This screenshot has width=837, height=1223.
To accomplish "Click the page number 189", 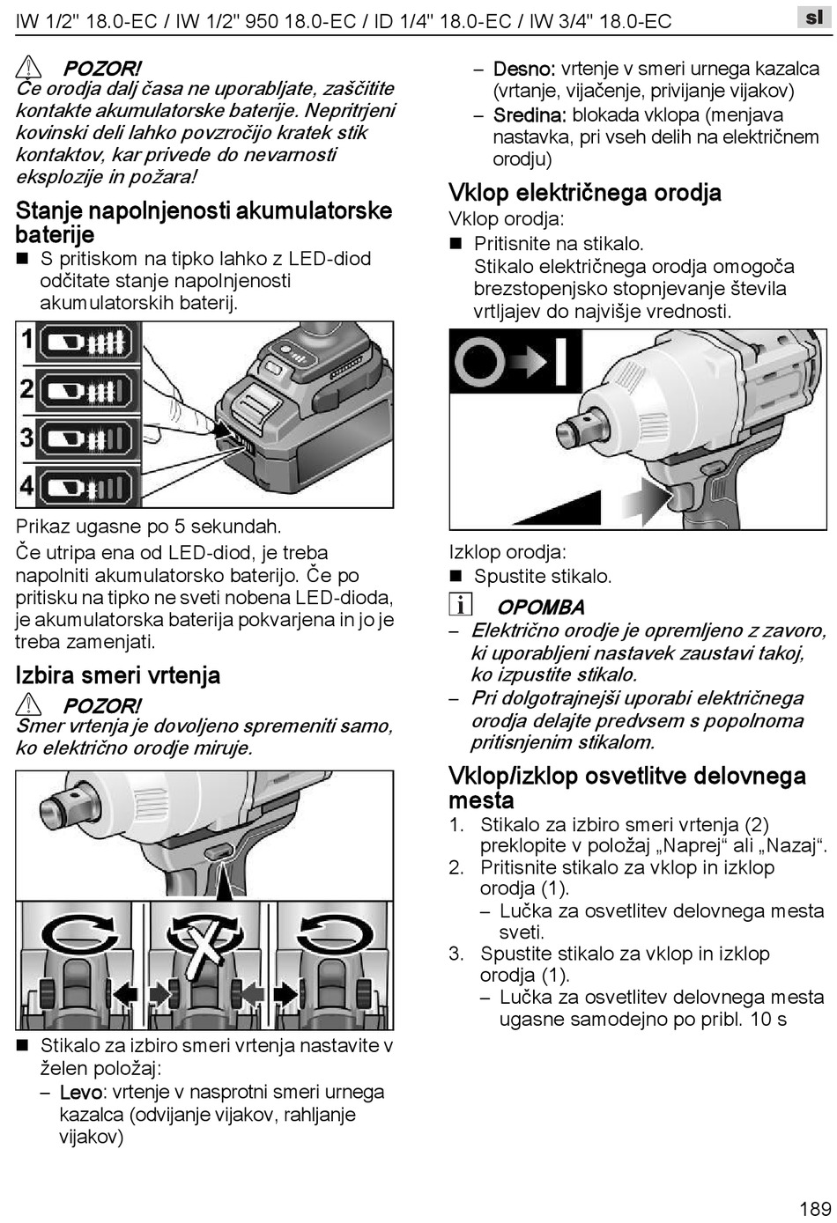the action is point(815,1208).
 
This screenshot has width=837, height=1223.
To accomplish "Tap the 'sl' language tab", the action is point(813,17).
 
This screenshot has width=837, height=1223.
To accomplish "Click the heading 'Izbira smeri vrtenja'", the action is point(117,675).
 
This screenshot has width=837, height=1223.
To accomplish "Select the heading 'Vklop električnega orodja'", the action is point(585,193).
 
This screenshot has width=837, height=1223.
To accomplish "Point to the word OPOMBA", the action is point(541,607).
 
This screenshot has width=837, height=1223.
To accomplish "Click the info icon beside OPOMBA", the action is point(460,605).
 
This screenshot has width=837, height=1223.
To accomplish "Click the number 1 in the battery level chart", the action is point(27,340).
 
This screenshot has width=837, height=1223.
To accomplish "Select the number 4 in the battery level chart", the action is point(27,485).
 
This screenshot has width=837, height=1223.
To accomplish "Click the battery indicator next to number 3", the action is point(86,438).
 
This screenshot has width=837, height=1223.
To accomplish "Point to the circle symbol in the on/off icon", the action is point(480,360).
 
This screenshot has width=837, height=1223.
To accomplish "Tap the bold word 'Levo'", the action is point(80,1093).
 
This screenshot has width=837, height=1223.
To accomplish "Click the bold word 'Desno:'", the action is point(523,69).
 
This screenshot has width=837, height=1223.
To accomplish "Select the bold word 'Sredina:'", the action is point(529,115).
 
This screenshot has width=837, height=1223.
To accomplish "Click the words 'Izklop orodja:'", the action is point(507,552).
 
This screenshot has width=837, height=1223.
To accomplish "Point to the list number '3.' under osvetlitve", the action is point(456,954).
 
